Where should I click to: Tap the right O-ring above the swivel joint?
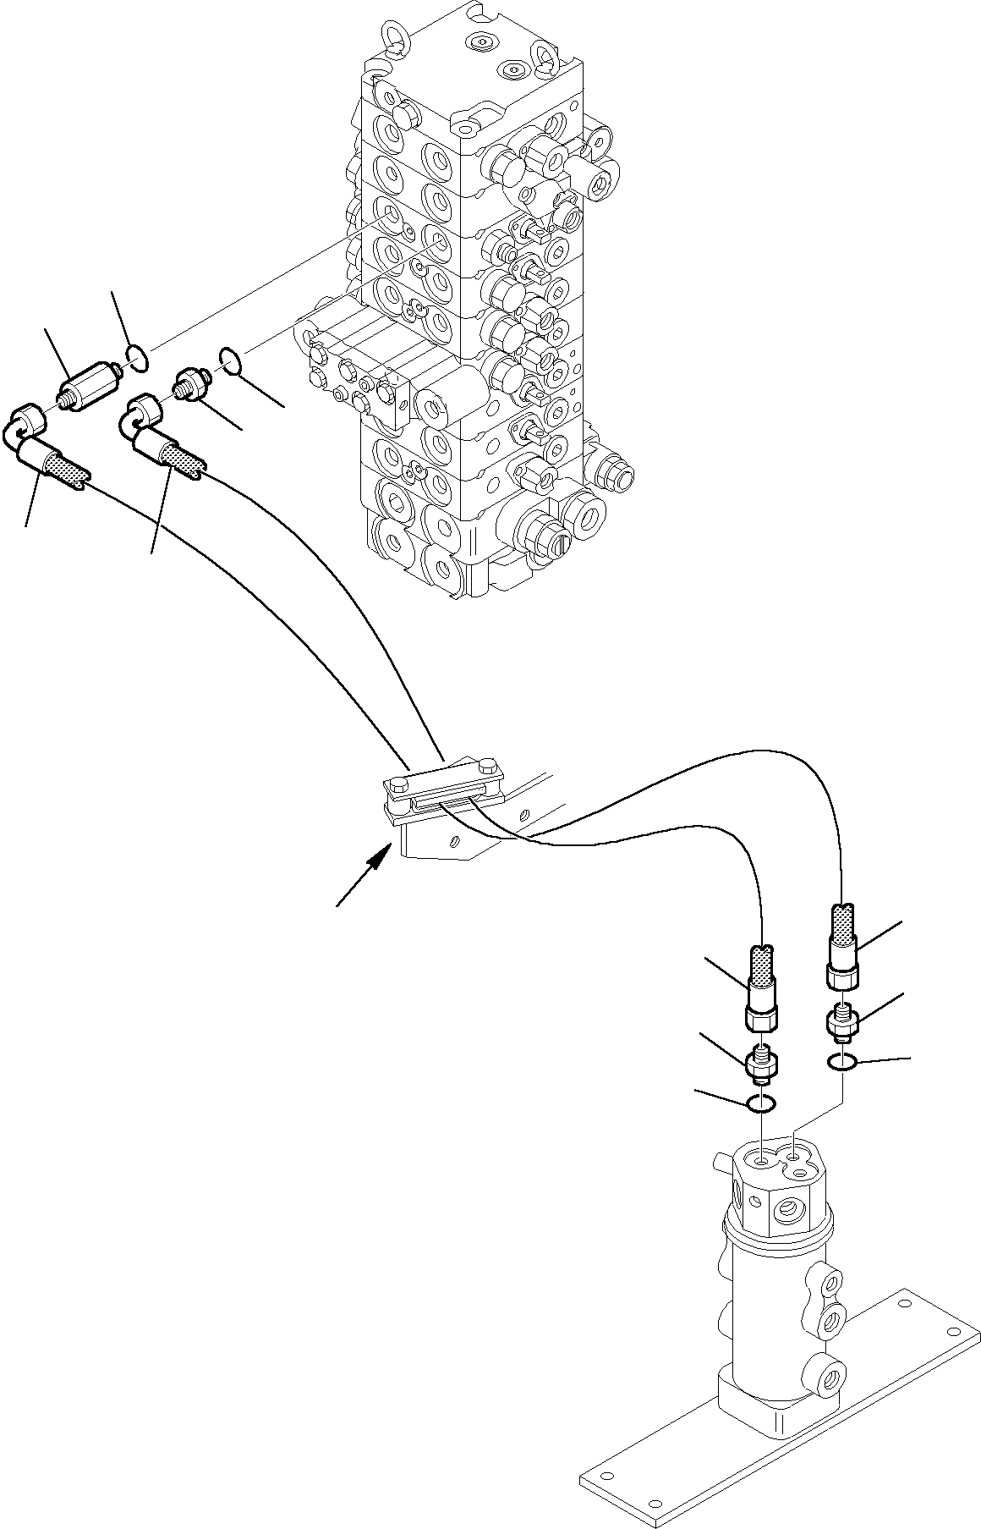tap(842, 1062)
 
